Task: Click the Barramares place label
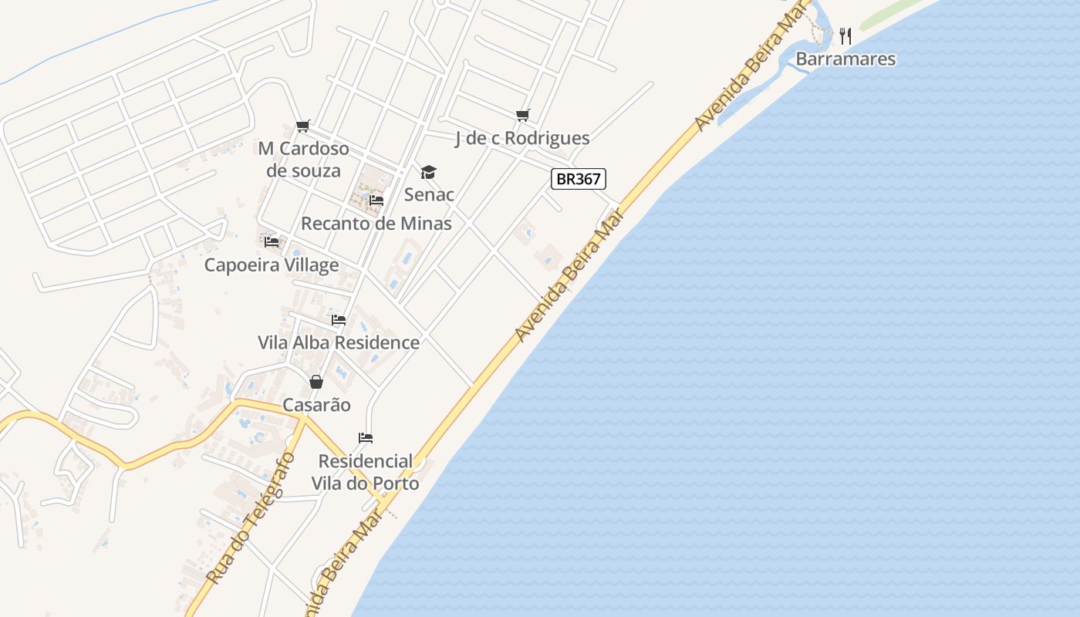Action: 845,59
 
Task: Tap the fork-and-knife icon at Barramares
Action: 845,35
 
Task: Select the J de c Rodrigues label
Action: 522,138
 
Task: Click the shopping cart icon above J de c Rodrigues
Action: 523,116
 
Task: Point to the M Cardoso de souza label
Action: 303,159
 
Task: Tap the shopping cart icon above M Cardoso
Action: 303,126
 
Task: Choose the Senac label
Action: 429,194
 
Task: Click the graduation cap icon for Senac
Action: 428,172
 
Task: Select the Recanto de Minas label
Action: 376,224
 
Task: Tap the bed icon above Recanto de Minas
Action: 376,201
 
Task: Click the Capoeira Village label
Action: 272,265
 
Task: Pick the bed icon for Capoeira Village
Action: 272,242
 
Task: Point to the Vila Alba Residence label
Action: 339,342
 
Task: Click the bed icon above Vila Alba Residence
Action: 339,320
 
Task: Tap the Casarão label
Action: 316,405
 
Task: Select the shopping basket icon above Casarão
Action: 316,382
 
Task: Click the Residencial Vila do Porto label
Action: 366,472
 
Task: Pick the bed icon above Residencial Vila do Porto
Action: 366,439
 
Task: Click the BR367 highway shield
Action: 579,179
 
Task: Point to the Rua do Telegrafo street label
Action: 251,518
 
